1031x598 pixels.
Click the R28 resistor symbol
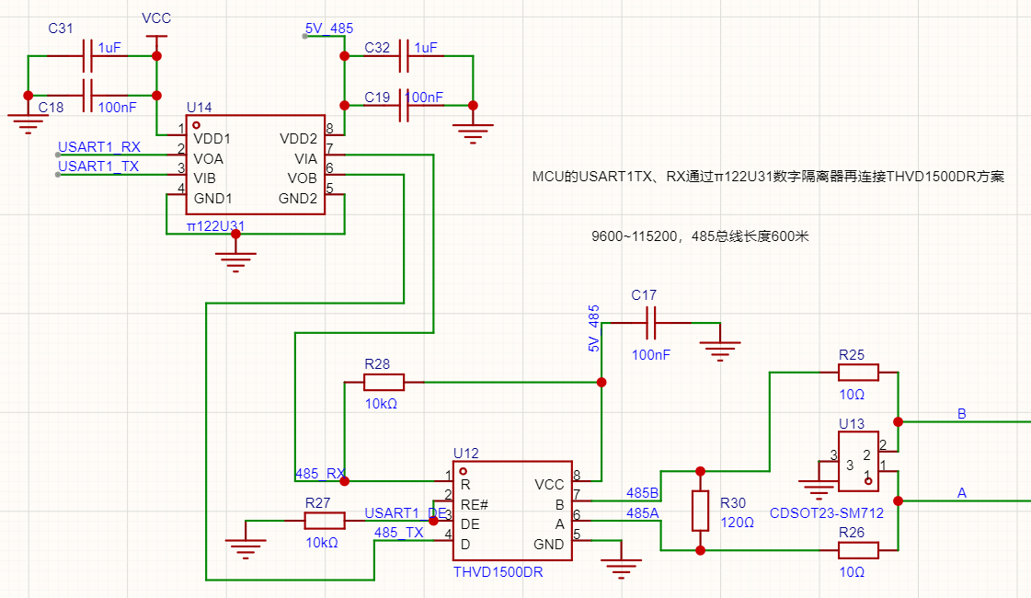click(x=384, y=382)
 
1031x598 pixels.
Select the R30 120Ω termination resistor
click(x=700, y=511)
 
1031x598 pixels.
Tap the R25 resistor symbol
click(x=858, y=373)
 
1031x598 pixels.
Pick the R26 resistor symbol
click(x=858, y=550)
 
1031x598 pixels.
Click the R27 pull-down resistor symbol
click(x=324, y=521)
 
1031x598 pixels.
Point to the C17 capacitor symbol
click(x=651, y=323)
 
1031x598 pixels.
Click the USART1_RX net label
click(x=99, y=146)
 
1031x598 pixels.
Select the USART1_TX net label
click(x=98, y=167)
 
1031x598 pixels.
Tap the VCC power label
click(x=156, y=18)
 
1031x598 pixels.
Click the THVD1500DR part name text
click(x=498, y=572)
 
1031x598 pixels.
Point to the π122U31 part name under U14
click(x=215, y=226)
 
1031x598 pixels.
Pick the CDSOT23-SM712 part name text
click(x=827, y=513)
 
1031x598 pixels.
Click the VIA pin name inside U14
click(x=305, y=158)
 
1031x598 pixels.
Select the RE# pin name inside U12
click(x=474, y=504)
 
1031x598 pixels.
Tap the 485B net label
click(x=642, y=493)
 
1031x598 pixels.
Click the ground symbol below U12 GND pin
click(x=621, y=567)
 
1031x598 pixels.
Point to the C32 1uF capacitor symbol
click(x=404, y=56)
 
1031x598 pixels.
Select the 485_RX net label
click(x=320, y=474)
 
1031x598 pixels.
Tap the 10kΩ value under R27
click(x=322, y=543)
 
